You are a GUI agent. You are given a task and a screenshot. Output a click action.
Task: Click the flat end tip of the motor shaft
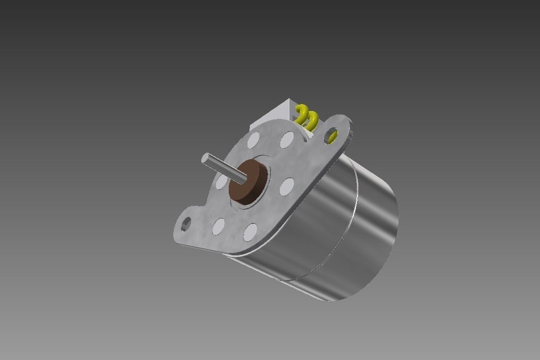[206, 159]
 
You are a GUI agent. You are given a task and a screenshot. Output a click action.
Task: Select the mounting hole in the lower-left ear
[186, 225]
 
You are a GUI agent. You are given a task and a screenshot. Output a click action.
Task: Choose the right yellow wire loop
[312, 119]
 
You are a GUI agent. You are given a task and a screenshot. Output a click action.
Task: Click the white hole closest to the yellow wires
[287, 139]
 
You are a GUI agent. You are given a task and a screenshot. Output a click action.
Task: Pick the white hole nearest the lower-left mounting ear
[218, 225]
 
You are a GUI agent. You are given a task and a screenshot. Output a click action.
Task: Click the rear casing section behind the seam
[376, 231]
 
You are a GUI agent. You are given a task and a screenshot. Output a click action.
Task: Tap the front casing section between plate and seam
[314, 216]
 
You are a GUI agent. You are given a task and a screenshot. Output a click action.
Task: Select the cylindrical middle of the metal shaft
[223, 168]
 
